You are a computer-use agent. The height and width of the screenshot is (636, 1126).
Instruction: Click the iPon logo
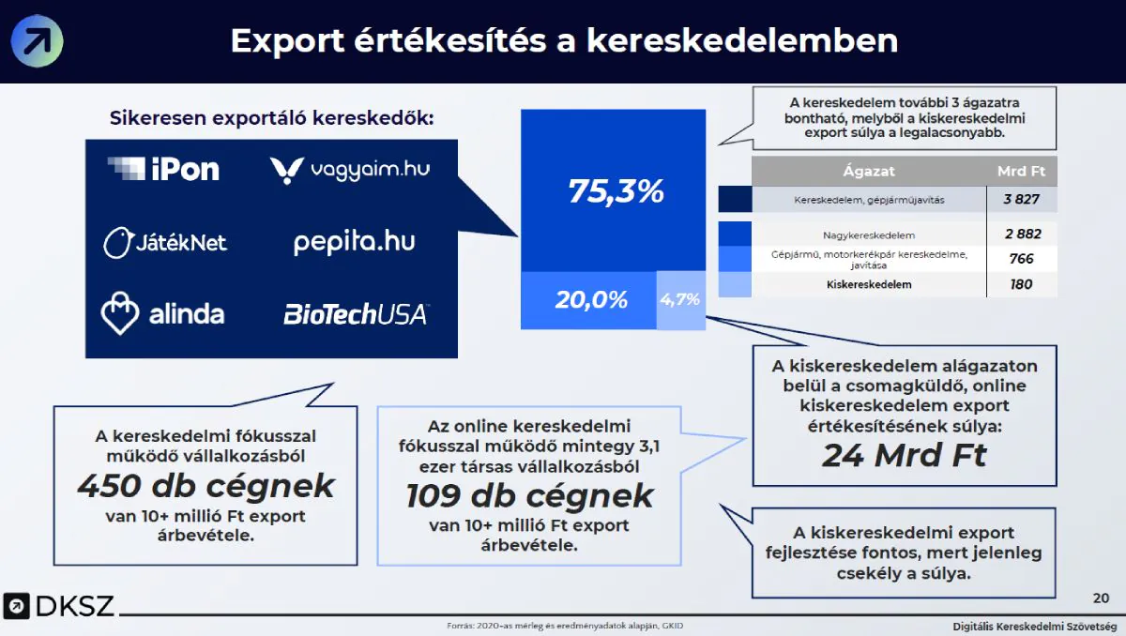coord(163,169)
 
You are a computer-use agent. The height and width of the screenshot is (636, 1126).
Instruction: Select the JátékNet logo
coord(165,242)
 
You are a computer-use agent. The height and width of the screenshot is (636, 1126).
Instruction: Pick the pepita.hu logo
coord(354,241)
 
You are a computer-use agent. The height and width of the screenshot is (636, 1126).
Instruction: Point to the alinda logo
coord(163,313)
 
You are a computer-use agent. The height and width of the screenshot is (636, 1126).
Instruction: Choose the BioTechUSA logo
coord(356,313)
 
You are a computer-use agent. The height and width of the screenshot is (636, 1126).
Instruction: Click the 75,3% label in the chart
coord(616,191)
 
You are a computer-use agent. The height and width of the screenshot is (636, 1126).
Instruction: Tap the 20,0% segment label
coord(590,300)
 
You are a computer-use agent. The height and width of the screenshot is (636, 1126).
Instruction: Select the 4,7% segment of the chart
coord(680,300)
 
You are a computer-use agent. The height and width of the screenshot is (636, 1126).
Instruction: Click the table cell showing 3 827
coord(1022,200)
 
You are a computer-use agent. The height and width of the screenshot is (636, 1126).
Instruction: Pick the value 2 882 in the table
coord(1022,234)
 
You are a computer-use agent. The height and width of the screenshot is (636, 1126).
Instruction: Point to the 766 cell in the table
coord(1022,259)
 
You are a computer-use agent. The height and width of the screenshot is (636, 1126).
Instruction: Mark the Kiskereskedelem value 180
coord(1022,284)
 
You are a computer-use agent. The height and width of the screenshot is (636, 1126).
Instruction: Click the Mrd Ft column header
coord(1022,172)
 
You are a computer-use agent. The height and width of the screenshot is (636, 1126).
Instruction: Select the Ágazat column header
coord(869,172)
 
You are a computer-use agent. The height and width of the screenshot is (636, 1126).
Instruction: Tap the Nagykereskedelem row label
coord(868,235)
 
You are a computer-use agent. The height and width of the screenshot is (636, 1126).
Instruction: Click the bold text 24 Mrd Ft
coord(905,455)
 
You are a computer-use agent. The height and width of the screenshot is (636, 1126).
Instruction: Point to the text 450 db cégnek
coord(205,485)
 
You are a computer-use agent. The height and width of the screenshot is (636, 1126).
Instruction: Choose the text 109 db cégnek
coord(529,495)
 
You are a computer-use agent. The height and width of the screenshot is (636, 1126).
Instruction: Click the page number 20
coord(1101,598)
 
